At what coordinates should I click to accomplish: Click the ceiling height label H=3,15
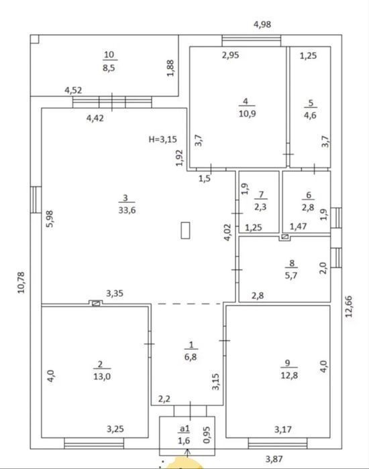tap(162, 139)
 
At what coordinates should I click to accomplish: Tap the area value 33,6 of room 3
tap(127, 210)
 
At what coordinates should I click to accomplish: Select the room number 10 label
tap(109, 54)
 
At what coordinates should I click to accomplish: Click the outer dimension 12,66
tap(349, 306)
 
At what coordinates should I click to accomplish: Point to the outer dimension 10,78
tap(21, 283)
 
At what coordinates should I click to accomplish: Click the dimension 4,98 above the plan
tap(262, 24)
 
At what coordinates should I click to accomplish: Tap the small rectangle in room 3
tap(185, 230)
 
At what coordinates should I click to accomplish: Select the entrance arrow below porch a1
tap(188, 453)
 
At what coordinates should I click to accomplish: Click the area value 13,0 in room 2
tap(102, 377)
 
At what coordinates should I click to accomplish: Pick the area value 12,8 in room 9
tap(289, 375)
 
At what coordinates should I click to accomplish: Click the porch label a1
tap(184, 429)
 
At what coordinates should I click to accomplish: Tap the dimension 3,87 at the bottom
tap(274, 458)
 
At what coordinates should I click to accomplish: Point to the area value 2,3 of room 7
tap(260, 206)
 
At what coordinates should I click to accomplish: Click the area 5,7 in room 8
tap(291, 275)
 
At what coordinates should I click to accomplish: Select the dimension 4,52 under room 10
tap(73, 90)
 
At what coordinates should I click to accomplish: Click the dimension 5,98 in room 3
tap(50, 219)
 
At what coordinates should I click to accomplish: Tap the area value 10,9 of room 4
tap(248, 114)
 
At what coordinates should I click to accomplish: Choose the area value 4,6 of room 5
tap(310, 115)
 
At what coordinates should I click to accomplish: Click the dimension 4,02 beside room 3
tap(227, 232)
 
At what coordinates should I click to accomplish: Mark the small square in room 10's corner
tap(35, 39)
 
